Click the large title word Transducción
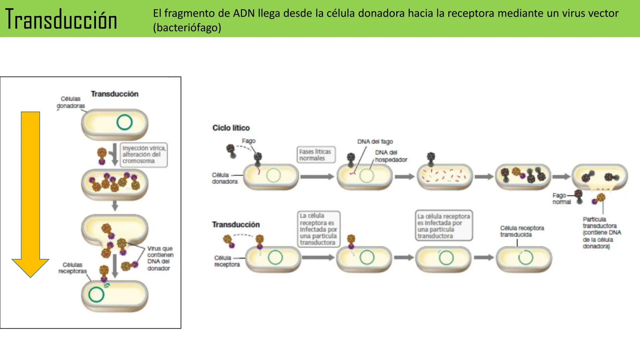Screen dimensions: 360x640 (x=61, y=19)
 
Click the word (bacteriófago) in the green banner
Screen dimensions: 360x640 (x=187, y=27)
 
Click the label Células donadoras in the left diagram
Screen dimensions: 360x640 (x=71, y=102)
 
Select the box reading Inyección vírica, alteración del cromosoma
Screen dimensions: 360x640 (x=144, y=154)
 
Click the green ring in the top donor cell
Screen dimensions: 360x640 (x=124, y=122)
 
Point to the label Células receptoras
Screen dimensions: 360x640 (x=72, y=268)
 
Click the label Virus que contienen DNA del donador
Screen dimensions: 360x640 (x=160, y=258)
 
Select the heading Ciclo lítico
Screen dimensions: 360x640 (x=231, y=128)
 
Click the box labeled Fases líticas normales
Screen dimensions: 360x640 (x=315, y=155)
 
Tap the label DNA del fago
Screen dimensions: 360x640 (x=375, y=142)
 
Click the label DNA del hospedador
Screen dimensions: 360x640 (x=391, y=156)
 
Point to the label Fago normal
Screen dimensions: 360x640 (x=561, y=199)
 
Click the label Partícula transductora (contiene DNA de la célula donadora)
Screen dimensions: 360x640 (x=601, y=233)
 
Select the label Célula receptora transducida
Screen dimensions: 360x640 (x=522, y=231)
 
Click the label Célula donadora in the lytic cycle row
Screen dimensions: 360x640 (x=224, y=178)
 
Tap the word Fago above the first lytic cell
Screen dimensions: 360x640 (x=249, y=141)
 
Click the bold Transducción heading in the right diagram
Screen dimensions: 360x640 (x=236, y=224)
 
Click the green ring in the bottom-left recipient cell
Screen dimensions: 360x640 (x=96, y=295)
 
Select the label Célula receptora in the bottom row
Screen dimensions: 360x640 (x=227, y=261)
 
